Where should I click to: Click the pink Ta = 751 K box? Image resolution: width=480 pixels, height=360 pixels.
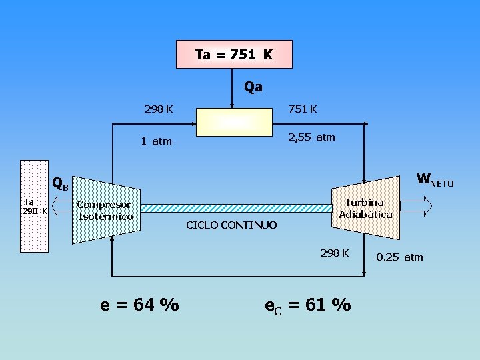pyautogui.click(x=234, y=55)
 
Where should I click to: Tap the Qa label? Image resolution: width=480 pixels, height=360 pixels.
pyautogui.click(x=253, y=87)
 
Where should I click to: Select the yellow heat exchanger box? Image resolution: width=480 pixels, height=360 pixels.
pyautogui.click(x=234, y=121)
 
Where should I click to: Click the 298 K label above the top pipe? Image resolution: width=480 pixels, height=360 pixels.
pyautogui.click(x=159, y=109)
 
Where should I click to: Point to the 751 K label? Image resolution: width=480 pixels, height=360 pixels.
pyautogui.click(x=301, y=109)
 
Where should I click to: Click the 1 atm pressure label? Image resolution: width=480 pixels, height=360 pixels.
pyautogui.click(x=156, y=141)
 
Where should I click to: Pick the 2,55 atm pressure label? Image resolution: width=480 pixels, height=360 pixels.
pyautogui.click(x=311, y=137)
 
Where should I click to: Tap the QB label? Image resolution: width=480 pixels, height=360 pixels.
pyautogui.click(x=60, y=185)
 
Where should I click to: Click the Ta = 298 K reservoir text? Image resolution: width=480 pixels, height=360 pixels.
pyautogui.click(x=35, y=206)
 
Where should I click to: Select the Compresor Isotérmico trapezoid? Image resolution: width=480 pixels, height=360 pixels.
pyautogui.click(x=105, y=210)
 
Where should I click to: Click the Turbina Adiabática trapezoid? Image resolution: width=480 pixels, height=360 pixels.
pyautogui.click(x=365, y=208)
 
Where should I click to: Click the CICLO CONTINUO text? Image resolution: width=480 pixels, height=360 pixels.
pyautogui.click(x=231, y=225)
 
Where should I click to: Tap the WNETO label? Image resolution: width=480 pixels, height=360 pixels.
pyautogui.click(x=435, y=180)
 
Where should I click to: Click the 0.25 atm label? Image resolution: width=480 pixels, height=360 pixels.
pyautogui.click(x=399, y=257)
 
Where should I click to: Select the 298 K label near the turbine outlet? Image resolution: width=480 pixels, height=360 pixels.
pyautogui.click(x=335, y=253)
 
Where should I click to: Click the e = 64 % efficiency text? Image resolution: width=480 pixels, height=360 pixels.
pyautogui.click(x=139, y=305)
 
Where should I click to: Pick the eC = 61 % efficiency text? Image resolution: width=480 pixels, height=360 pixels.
pyautogui.click(x=307, y=305)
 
